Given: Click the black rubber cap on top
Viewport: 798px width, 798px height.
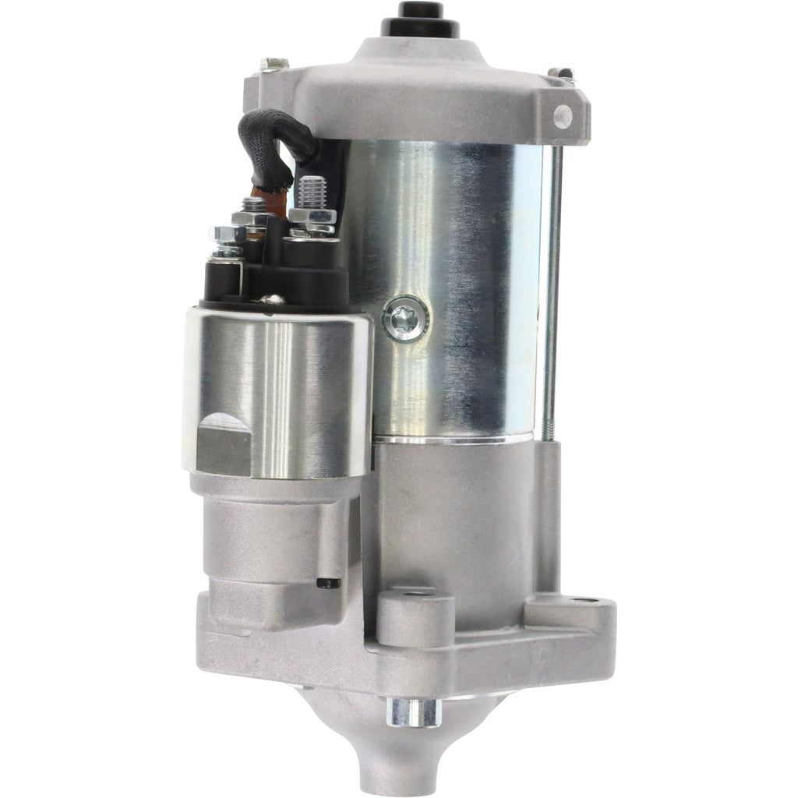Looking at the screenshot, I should [x=420, y=17].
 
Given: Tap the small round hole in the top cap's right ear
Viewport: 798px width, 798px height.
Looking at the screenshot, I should [x=563, y=116].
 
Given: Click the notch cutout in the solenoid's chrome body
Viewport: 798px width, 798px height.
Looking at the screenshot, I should [x=224, y=441].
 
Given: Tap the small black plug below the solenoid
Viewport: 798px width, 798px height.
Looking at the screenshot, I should [x=332, y=583].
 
